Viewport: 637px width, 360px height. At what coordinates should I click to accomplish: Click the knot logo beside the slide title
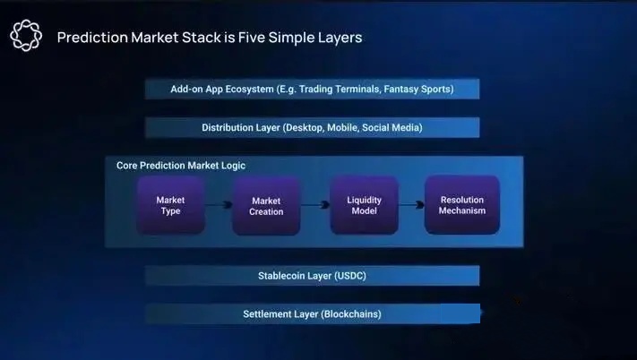click(26, 35)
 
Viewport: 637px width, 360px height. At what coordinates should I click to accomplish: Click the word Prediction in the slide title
click(92, 38)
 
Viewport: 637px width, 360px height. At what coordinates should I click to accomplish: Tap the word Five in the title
click(252, 38)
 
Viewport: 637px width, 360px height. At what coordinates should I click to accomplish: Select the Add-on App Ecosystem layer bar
click(312, 89)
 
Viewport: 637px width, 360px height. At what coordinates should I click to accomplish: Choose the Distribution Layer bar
click(312, 127)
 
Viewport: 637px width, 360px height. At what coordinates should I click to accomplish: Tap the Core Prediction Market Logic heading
click(181, 166)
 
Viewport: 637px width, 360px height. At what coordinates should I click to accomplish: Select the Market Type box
click(170, 205)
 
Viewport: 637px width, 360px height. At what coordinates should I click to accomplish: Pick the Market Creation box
click(266, 206)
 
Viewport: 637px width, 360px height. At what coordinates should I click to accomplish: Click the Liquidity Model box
click(364, 205)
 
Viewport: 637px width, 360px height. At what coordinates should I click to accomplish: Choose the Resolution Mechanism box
click(462, 205)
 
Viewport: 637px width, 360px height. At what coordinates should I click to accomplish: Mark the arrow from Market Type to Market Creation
click(219, 204)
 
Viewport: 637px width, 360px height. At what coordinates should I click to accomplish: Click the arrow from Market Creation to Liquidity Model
click(315, 204)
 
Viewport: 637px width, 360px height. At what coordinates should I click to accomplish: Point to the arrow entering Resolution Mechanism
click(411, 204)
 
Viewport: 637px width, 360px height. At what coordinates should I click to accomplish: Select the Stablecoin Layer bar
click(312, 276)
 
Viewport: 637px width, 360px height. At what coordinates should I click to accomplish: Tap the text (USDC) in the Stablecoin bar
click(350, 276)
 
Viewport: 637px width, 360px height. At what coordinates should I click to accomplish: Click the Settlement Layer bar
click(313, 313)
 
